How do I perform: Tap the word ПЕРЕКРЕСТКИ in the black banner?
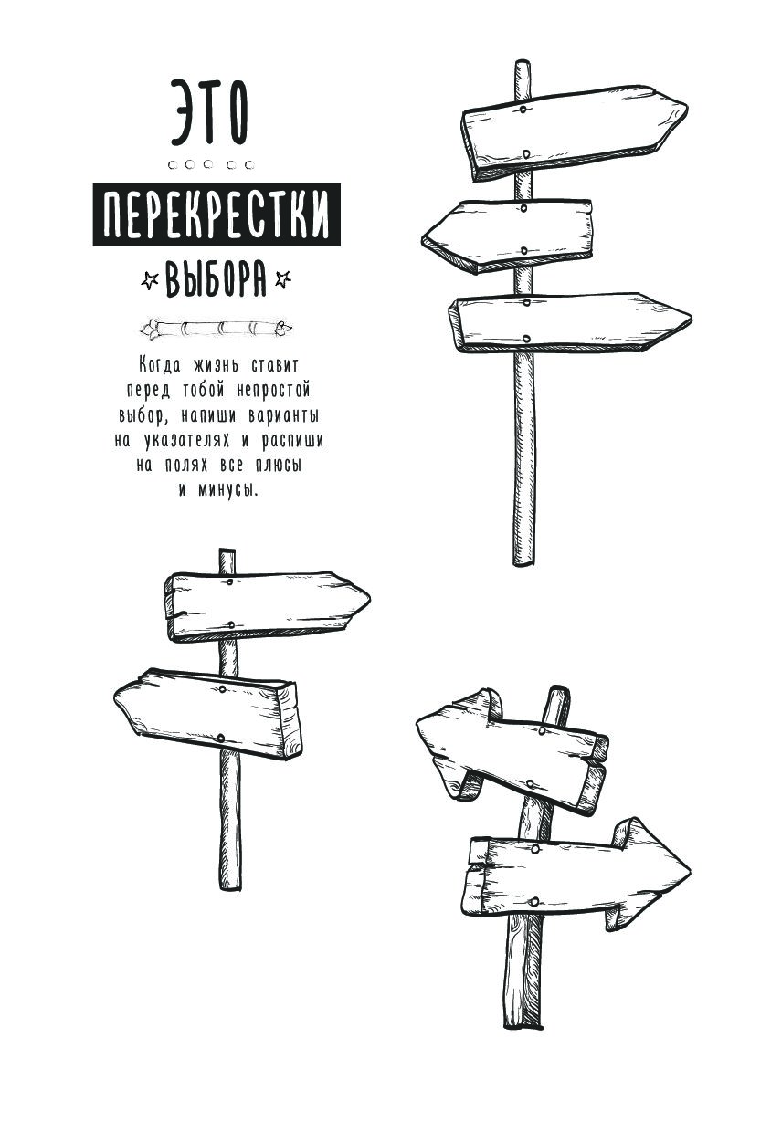click(x=217, y=215)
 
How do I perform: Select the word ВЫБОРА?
click(x=216, y=278)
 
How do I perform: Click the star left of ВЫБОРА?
click(x=149, y=280)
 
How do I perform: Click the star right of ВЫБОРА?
click(x=282, y=279)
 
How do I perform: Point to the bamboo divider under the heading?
click(x=217, y=329)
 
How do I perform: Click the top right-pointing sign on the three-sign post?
click(x=574, y=132)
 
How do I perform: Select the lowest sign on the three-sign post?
click(x=570, y=322)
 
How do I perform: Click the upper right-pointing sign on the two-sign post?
click(x=267, y=606)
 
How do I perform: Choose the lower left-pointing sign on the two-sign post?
click(x=208, y=713)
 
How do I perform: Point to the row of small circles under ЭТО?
click(x=211, y=164)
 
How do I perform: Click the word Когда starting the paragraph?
click(x=159, y=365)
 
